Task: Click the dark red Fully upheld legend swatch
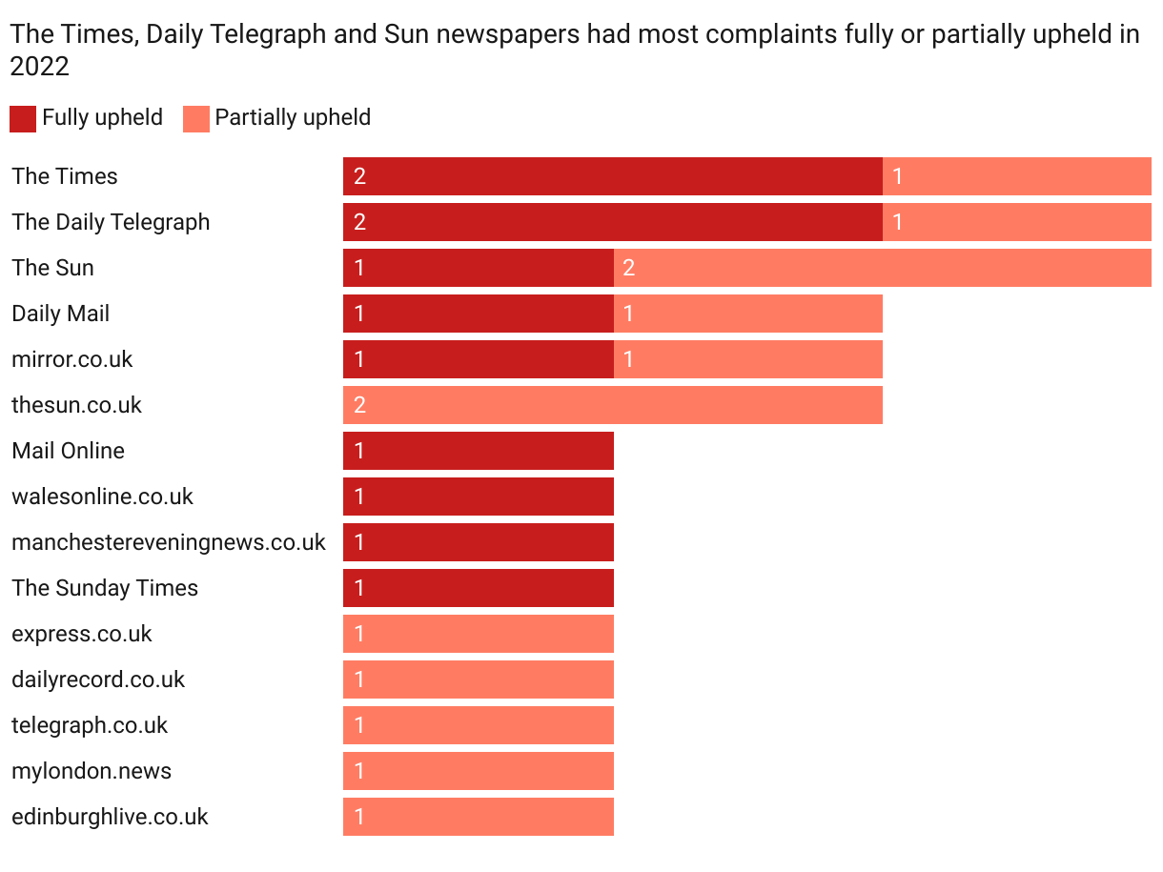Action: click(x=23, y=118)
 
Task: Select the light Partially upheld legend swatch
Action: click(x=196, y=118)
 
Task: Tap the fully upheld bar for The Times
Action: click(x=613, y=176)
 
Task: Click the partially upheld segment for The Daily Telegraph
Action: click(x=1017, y=222)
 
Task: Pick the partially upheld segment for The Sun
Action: click(x=882, y=268)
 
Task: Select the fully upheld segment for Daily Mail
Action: click(x=479, y=314)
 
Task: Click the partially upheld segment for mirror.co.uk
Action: click(x=748, y=359)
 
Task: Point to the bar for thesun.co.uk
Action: click(x=613, y=405)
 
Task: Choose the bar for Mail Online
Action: click(x=479, y=451)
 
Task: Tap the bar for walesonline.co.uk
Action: click(x=479, y=497)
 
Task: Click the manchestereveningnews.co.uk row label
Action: click(x=169, y=542)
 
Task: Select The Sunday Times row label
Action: click(x=105, y=588)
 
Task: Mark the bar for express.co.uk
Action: click(x=479, y=634)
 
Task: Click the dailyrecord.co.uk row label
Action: click(x=98, y=679)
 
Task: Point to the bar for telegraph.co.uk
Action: click(x=479, y=725)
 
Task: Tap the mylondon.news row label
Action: click(x=92, y=771)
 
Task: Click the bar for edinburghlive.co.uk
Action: click(x=479, y=817)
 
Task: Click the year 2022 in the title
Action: click(x=39, y=67)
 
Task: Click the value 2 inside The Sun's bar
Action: click(x=629, y=268)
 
